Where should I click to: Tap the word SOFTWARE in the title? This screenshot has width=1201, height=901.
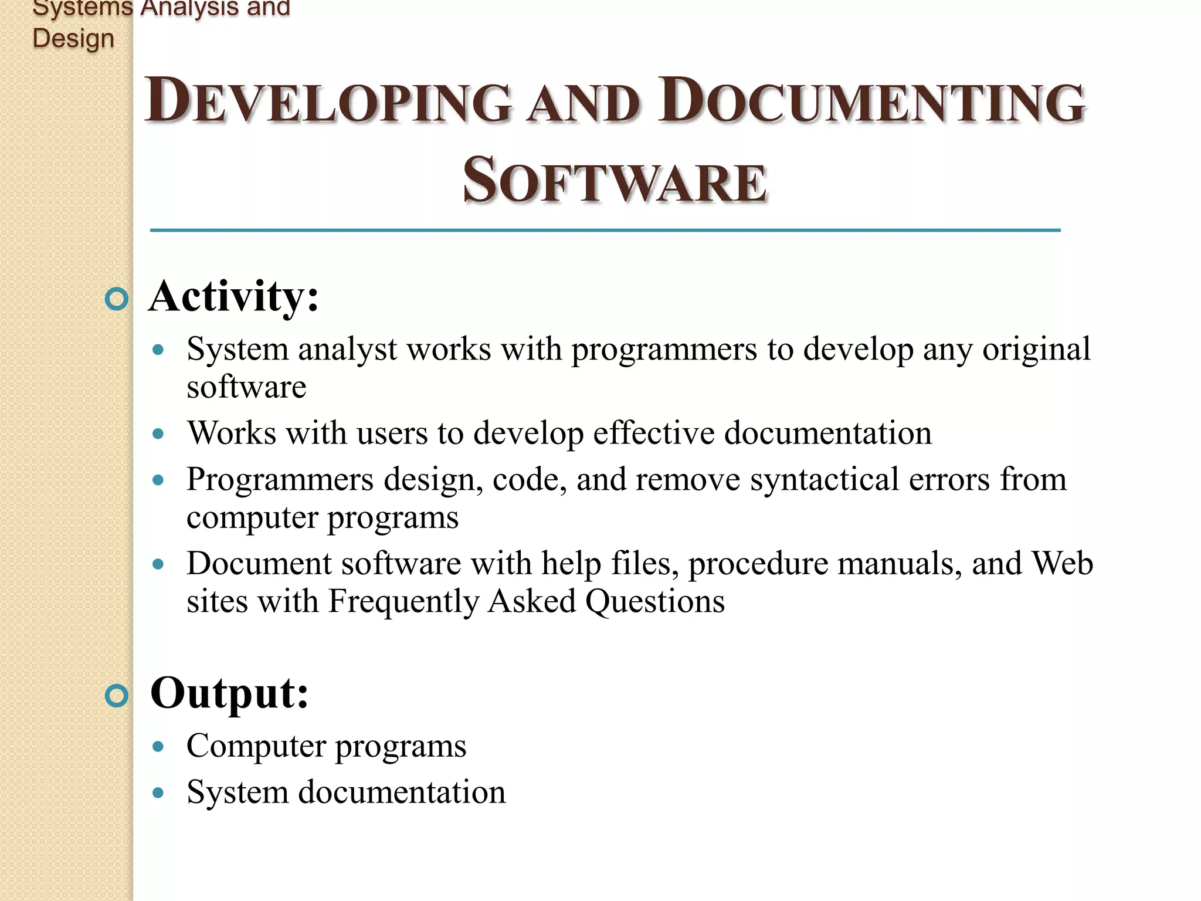pyautogui.click(x=615, y=181)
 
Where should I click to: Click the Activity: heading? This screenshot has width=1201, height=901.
pyautogui.click(x=233, y=297)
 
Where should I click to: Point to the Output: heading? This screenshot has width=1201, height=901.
pyautogui.click(x=229, y=694)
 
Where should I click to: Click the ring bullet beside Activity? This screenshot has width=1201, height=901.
pyautogui.click(x=117, y=299)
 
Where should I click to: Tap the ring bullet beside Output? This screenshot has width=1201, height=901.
pyautogui.click(x=117, y=696)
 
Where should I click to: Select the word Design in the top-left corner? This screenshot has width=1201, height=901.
pyautogui.click(x=73, y=39)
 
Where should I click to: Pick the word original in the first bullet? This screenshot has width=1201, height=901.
pyautogui.click(x=1036, y=350)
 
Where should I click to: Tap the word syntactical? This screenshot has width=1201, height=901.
pyautogui.click(x=825, y=480)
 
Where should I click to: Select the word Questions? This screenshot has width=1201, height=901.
pyautogui.click(x=655, y=602)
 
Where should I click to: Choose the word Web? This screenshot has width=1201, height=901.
pyautogui.click(x=1062, y=564)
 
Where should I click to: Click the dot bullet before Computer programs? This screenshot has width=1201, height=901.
pyautogui.click(x=158, y=747)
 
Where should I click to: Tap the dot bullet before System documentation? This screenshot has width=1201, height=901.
pyautogui.click(x=158, y=793)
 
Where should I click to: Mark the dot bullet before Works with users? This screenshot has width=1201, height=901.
pyautogui.click(x=158, y=434)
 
